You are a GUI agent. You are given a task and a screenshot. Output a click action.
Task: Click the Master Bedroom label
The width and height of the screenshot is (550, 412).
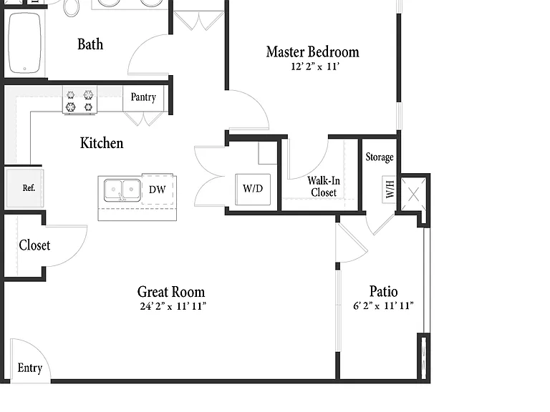(x=312, y=51)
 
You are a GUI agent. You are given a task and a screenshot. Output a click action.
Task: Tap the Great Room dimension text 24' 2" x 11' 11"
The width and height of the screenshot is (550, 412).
(x=173, y=306)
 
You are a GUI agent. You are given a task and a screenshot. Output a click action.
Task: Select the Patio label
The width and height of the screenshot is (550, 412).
(x=383, y=292)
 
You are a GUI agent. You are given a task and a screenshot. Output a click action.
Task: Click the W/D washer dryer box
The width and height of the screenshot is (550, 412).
(x=253, y=189)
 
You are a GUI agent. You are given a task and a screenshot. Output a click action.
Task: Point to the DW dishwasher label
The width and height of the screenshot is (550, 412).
(x=157, y=190)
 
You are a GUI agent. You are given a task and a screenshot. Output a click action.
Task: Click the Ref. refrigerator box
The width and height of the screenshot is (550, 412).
(x=25, y=188)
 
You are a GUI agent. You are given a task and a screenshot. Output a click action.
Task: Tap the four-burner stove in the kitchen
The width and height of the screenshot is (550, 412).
(x=79, y=100)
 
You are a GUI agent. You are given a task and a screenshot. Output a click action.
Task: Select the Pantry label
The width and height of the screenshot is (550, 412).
(x=143, y=97)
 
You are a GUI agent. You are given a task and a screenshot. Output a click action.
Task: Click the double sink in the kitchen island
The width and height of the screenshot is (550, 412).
(x=122, y=190)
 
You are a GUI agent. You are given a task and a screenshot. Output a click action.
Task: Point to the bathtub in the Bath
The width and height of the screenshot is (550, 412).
(x=24, y=43)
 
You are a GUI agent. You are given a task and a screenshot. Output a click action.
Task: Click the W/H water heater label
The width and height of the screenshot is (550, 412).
(x=390, y=190)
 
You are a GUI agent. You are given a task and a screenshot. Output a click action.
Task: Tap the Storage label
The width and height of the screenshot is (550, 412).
(x=379, y=157)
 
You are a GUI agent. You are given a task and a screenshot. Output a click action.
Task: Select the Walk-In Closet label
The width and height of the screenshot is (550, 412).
(x=324, y=187)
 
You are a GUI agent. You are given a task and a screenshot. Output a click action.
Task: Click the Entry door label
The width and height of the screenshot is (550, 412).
(x=30, y=368)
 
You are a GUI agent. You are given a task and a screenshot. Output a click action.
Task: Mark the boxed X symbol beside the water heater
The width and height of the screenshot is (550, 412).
(x=413, y=195)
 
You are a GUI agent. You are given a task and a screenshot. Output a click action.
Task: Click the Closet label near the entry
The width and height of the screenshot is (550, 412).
(x=34, y=245)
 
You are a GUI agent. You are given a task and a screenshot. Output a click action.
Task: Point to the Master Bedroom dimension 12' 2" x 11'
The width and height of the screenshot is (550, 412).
(x=315, y=67)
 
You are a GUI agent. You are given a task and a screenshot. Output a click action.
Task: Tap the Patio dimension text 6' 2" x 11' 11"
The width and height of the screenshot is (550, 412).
(x=383, y=305)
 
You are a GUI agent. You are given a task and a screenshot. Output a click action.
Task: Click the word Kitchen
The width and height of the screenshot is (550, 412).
(x=102, y=143)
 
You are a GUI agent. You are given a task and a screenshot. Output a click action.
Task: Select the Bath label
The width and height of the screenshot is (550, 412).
(x=90, y=44)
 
